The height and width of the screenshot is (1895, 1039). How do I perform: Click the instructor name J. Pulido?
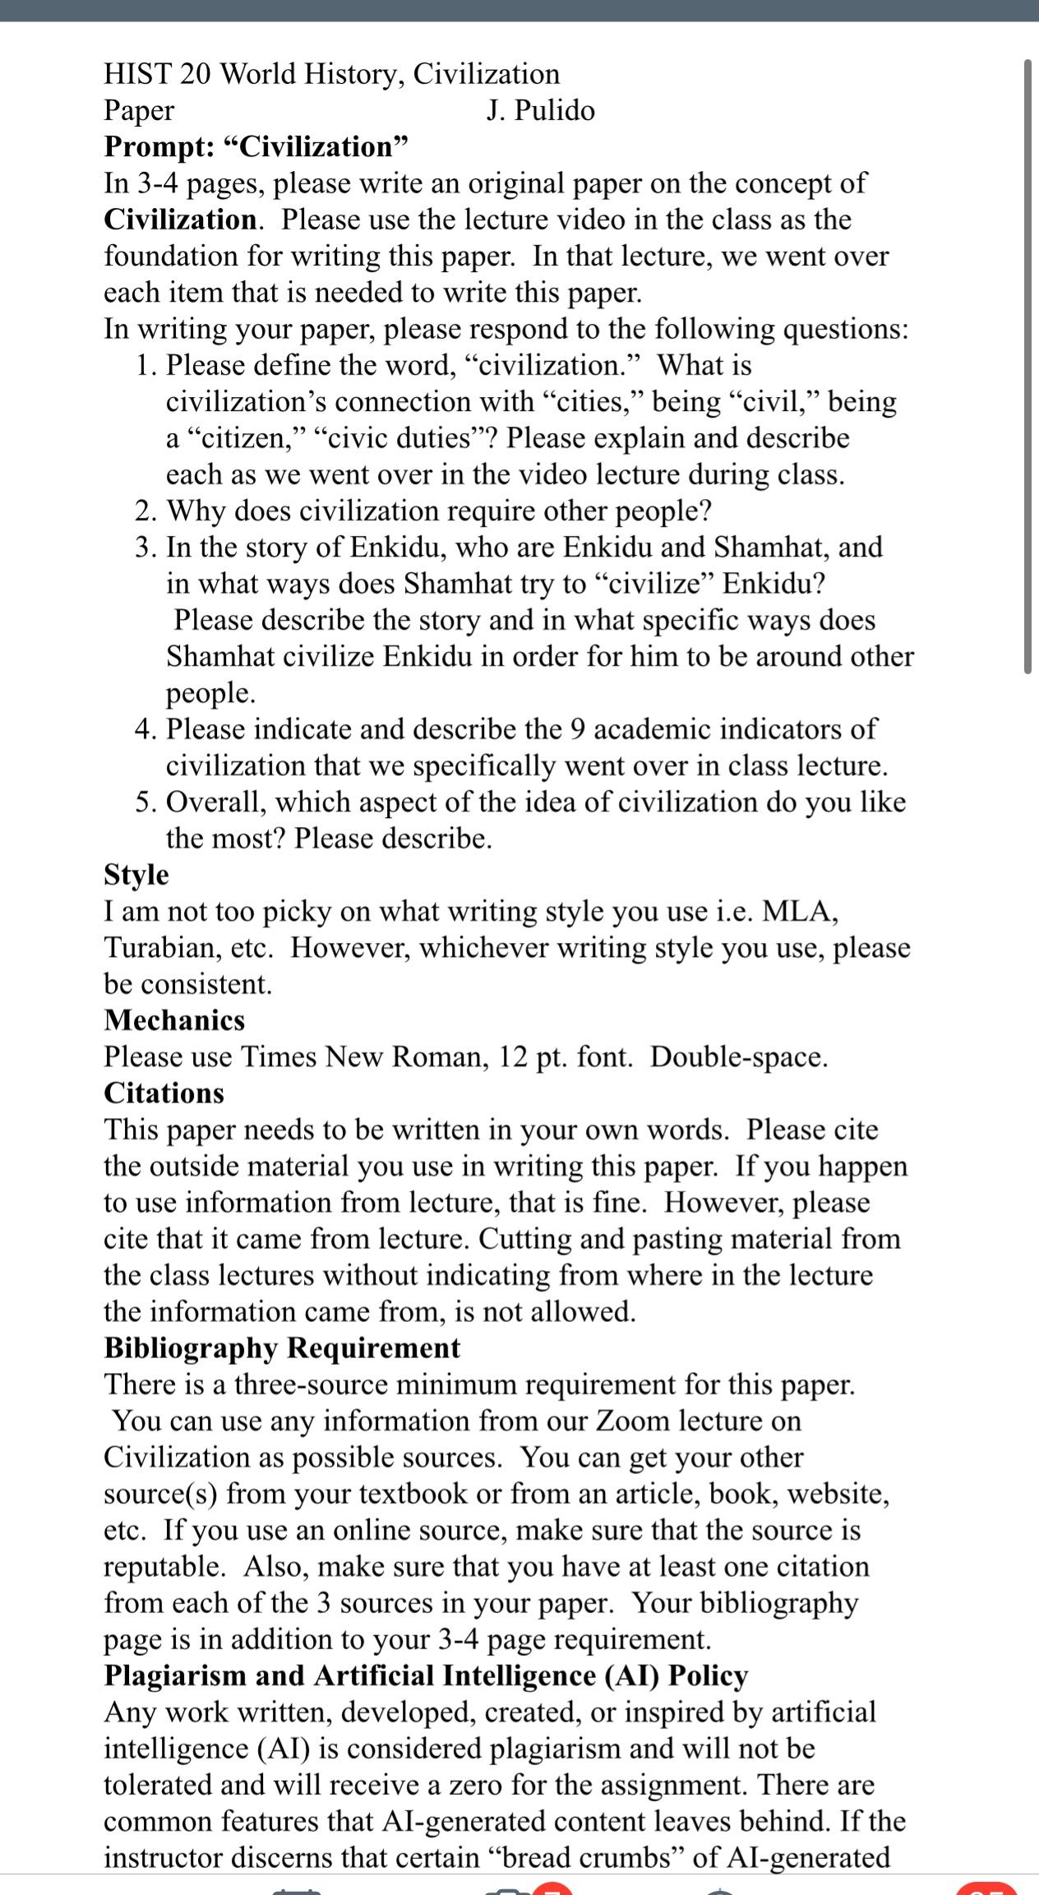[x=540, y=110]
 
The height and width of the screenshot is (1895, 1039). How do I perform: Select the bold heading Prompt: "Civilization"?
[x=256, y=146]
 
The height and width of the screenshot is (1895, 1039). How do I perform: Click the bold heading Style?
[x=136, y=874]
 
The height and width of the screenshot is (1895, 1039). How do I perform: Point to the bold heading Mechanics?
[x=174, y=1019]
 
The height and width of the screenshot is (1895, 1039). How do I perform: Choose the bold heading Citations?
[x=164, y=1093]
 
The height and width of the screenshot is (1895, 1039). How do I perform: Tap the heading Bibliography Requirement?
[x=282, y=1347]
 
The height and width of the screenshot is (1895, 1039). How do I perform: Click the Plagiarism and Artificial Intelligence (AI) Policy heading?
[x=426, y=1675]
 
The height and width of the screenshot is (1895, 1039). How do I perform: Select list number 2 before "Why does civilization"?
[x=145, y=511]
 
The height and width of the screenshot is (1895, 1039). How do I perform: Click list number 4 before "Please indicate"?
[x=145, y=729]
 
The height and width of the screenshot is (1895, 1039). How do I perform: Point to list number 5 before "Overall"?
[x=145, y=802]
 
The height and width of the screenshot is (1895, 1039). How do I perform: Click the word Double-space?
[x=738, y=1056]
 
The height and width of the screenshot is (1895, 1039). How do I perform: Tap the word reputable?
[x=164, y=1566]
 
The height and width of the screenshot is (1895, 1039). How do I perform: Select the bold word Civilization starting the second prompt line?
[x=180, y=220]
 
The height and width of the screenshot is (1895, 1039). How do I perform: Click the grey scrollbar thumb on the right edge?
[x=1027, y=366]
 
